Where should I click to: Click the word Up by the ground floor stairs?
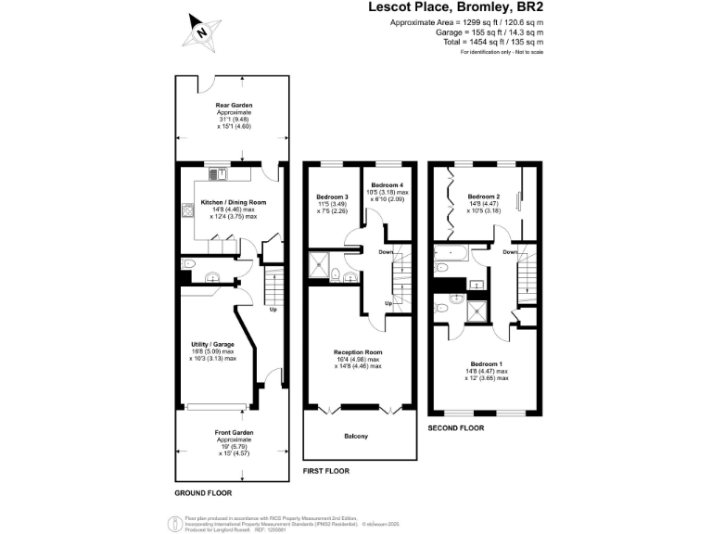pos(273,310)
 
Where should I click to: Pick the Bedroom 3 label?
pos(332,197)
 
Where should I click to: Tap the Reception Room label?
pos(357,352)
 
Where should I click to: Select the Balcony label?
pos(356,436)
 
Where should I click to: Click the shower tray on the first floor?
pos(320,264)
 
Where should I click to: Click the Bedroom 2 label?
pos(484,197)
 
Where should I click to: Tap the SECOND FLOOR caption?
pos(456,428)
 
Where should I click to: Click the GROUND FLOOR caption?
pos(203,492)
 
